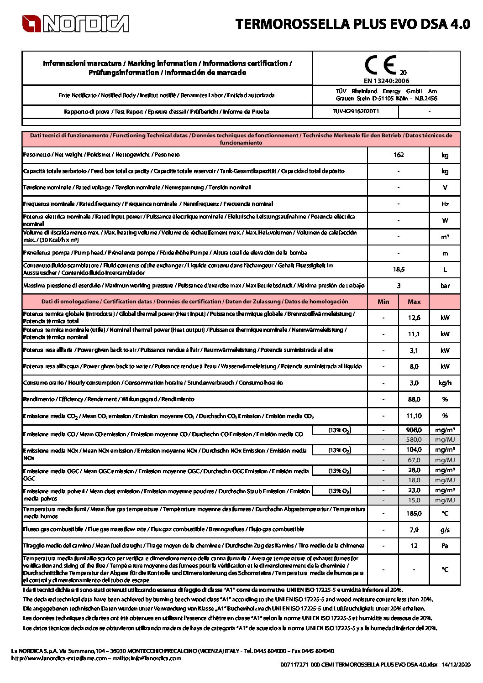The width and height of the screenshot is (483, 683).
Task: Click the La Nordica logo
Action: point(75,24)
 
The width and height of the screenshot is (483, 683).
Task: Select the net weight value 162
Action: point(398,155)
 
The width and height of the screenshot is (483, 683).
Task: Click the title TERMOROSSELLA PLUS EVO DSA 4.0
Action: point(352,24)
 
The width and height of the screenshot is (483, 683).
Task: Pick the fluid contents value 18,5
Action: point(399,269)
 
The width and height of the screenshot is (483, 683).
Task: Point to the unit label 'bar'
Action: point(445,286)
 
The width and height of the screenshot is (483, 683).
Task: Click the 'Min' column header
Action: point(383,302)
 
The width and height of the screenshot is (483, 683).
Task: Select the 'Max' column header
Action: point(414,302)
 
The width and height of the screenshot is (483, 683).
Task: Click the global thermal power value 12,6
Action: point(414,318)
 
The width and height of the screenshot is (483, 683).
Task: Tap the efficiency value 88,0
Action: point(414,399)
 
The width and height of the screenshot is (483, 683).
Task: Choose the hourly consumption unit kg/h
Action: point(445,383)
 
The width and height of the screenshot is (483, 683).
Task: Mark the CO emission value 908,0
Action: point(414,430)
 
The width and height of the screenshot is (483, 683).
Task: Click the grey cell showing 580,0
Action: point(414,440)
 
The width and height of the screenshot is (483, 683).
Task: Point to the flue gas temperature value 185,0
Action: point(414,513)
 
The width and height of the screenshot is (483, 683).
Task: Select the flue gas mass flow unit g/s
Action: point(445,530)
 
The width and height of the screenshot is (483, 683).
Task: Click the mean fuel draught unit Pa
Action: point(445,546)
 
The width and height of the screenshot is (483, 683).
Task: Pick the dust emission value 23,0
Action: point(414,490)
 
